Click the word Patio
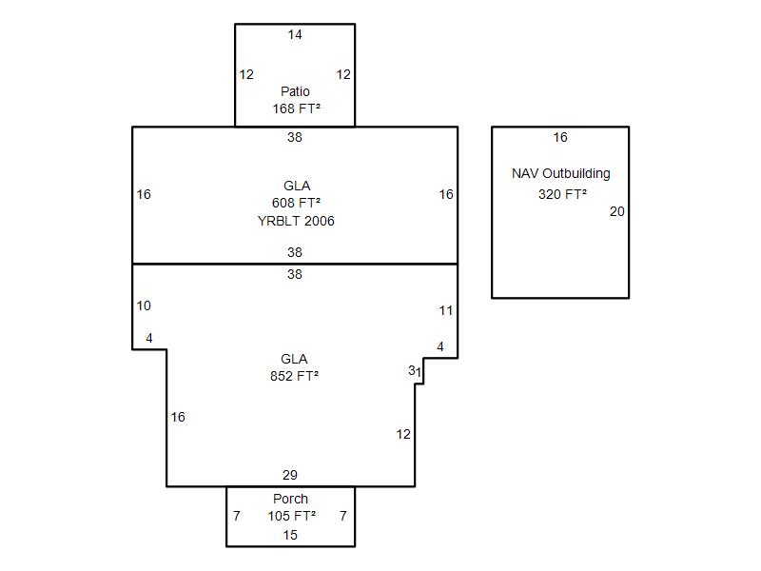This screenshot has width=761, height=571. pyautogui.click(x=295, y=92)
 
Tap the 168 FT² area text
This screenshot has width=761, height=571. pyautogui.click(x=295, y=109)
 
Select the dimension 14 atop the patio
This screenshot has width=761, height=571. pyautogui.click(x=295, y=35)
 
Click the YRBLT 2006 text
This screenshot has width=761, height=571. pyautogui.click(x=296, y=221)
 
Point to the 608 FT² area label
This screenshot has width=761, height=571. pyautogui.click(x=296, y=203)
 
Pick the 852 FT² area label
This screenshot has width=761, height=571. pyautogui.click(x=294, y=376)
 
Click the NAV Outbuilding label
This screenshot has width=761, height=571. pyautogui.click(x=561, y=174)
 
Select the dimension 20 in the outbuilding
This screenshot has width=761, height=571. pyautogui.click(x=617, y=212)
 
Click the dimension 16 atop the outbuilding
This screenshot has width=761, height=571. pyautogui.click(x=560, y=138)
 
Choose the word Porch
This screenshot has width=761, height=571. pyautogui.click(x=290, y=499)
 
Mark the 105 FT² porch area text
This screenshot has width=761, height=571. pyautogui.click(x=291, y=516)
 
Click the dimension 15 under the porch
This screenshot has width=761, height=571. pyautogui.click(x=290, y=535)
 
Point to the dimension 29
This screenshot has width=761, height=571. pyautogui.click(x=290, y=475)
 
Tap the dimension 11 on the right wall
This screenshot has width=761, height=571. pyautogui.click(x=446, y=311)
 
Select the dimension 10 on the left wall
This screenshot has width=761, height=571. pyautogui.click(x=144, y=306)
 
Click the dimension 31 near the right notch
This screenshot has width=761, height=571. pyautogui.click(x=414, y=371)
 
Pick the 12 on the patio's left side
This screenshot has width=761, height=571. pyautogui.click(x=246, y=75)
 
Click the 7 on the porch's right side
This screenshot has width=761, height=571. pyautogui.click(x=343, y=516)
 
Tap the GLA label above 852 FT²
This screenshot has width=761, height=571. pyautogui.click(x=294, y=359)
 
